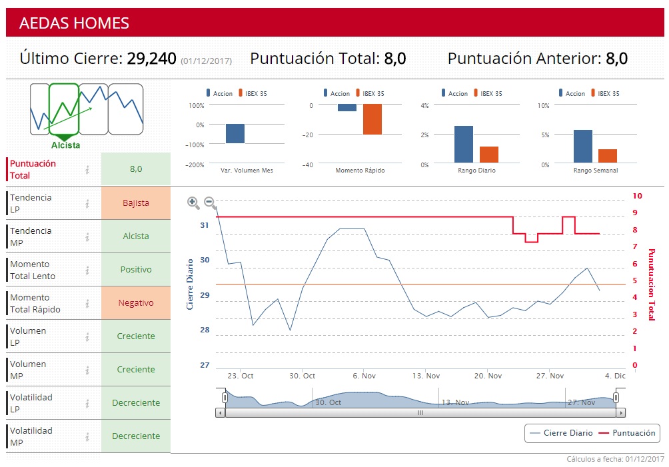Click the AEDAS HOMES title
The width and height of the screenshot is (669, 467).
[74, 23]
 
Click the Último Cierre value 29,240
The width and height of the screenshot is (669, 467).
[151, 59]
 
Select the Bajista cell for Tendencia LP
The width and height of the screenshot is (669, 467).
[136, 203]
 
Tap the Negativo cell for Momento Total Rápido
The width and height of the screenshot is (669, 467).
[136, 303]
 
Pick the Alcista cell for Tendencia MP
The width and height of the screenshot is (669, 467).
[136, 236]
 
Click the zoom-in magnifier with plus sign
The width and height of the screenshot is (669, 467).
[193, 203]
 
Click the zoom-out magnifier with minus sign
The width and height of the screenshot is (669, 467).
[209, 202]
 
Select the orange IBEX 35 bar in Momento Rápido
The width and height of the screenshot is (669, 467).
[372, 120]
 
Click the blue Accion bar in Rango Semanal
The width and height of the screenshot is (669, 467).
[582, 147]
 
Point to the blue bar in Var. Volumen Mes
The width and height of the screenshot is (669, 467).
[235, 133]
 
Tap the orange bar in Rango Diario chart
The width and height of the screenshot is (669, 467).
[489, 155]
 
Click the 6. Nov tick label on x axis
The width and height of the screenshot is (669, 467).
[364, 376]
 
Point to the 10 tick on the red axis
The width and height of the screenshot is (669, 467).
[638, 196]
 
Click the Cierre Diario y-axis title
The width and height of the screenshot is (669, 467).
[190, 284]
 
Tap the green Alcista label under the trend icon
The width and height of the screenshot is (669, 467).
[65, 145]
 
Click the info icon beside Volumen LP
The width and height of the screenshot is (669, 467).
[87, 336]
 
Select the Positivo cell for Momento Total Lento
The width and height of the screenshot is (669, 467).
[136, 270]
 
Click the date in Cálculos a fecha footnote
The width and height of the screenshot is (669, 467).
[645, 459]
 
